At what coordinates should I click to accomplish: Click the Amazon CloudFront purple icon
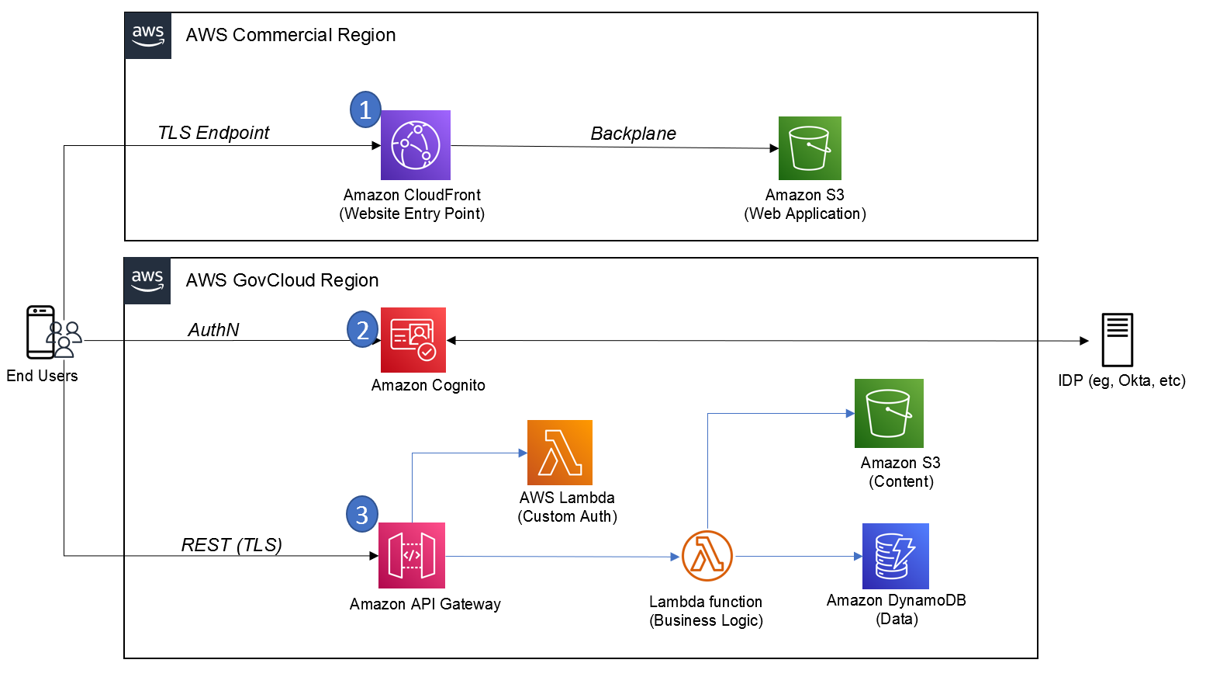(415, 145)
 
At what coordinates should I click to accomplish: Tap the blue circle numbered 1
(365, 109)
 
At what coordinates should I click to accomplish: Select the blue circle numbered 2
(362, 329)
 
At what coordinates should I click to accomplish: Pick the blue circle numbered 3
(361, 514)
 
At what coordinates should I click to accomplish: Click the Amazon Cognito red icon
(413, 340)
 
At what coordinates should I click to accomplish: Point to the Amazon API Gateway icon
(412, 555)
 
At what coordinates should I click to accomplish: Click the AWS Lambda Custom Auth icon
(559, 453)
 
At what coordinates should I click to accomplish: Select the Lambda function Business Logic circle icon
(707, 556)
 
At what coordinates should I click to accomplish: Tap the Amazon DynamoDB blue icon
(895, 556)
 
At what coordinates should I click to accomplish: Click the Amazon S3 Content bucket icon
(889, 413)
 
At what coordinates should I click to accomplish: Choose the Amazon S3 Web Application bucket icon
(810, 148)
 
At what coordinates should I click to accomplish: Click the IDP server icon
(1117, 340)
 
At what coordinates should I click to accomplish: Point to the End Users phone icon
(41, 332)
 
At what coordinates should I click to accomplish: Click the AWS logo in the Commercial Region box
(148, 36)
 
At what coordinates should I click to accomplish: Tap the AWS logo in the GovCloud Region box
(147, 281)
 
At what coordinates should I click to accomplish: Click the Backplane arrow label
(633, 134)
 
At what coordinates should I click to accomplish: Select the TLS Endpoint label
(213, 133)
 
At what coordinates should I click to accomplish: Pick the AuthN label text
(213, 330)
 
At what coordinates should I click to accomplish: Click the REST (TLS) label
(231, 545)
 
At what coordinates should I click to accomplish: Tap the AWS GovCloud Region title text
(282, 280)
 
